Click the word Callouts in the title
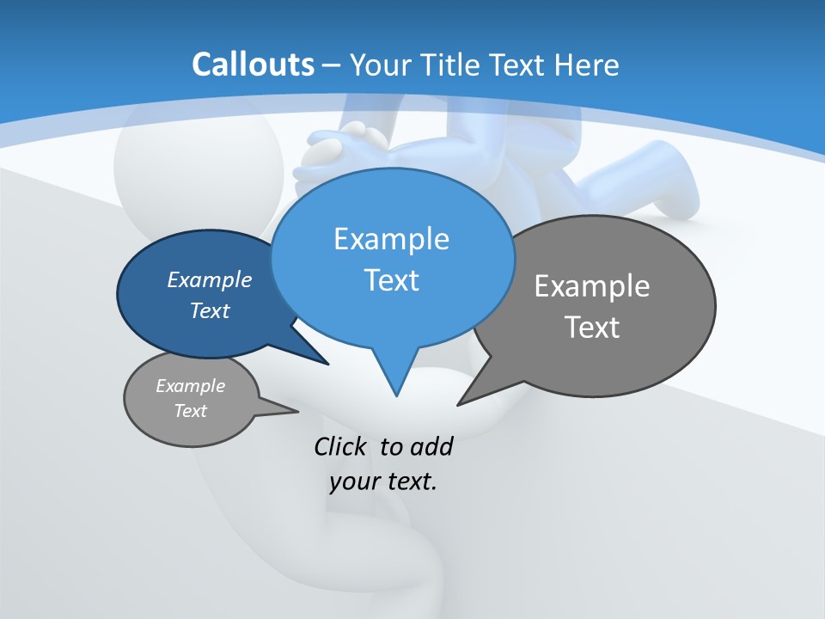tap(253, 64)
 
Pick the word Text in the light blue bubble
tap(391, 280)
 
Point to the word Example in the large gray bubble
tap(592, 285)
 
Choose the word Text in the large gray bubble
tap(592, 328)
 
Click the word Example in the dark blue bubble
tap(209, 279)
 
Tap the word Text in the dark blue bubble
tap(209, 310)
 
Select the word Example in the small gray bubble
tap(190, 386)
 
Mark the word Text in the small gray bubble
tap(190, 411)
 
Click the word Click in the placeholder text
tap(341, 447)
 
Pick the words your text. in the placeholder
tap(383, 481)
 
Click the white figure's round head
tap(198, 163)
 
